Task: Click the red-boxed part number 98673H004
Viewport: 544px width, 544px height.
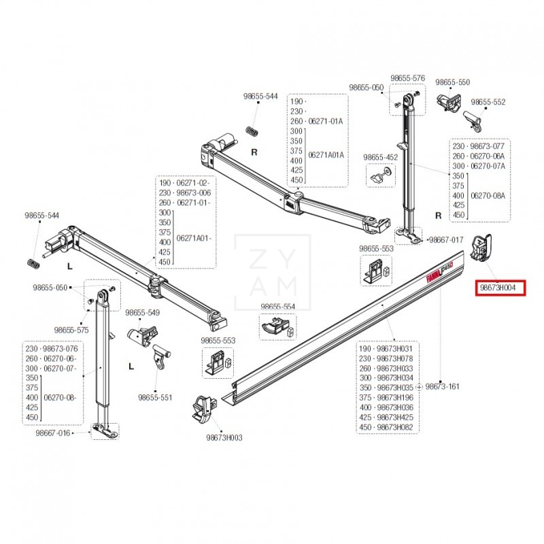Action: pyautogui.click(x=501, y=288)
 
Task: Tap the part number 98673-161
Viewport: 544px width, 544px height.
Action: pyautogui.click(x=443, y=386)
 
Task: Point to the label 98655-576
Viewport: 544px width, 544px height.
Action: pyautogui.click(x=407, y=78)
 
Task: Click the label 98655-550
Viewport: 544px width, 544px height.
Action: pyautogui.click(x=452, y=82)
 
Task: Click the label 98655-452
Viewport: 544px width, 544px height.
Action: pyautogui.click(x=380, y=157)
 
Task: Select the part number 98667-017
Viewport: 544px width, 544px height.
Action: pyautogui.click(x=445, y=240)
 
